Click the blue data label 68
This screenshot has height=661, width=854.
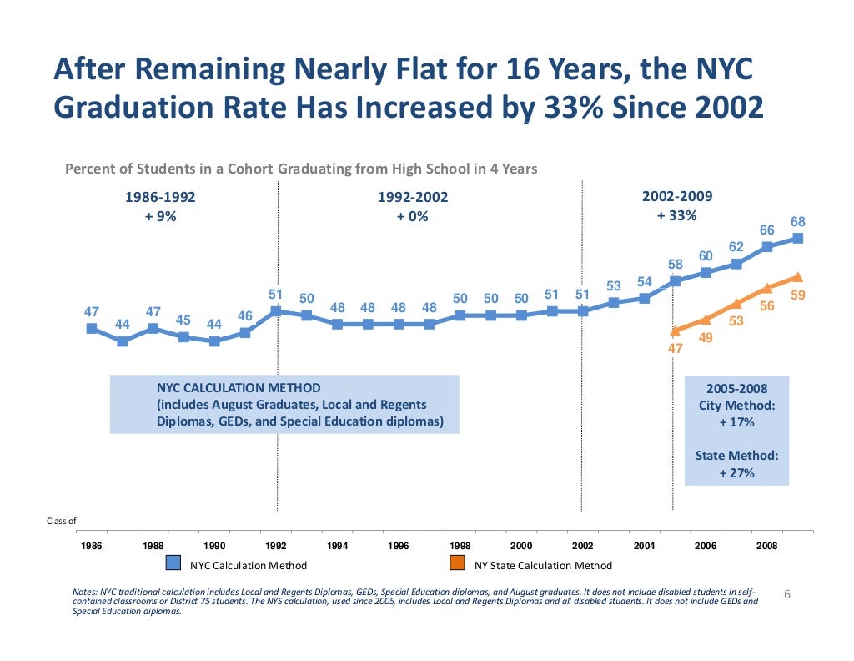click(x=798, y=222)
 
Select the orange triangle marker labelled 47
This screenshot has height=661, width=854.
click(x=675, y=330)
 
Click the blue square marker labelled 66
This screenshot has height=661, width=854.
click(x=767, y=246)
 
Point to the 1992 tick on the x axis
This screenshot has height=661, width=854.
click(x=276, y=531)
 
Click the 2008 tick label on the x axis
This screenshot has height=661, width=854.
click(x=766, y=546)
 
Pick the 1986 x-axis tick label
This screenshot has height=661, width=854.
click(x=92, y=546)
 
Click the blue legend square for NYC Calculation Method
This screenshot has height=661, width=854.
click(x=173, y=564)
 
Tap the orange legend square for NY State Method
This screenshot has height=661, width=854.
click(x=457, y=564)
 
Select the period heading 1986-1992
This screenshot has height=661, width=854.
click(x=160, y=198)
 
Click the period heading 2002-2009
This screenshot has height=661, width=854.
click(x=677, y=197)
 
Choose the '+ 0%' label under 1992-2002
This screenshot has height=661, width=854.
click(x=413, y=216)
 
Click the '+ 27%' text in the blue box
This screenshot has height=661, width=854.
click(x=736, y=473)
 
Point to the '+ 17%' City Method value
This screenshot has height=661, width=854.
click(x=736, y=422)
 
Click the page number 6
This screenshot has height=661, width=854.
click(x=787, y=594)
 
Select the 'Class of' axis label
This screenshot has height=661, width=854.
click(x=61, y=522)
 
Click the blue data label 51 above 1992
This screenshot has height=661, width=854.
click(x=276, y=294)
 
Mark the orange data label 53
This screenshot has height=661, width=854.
click(x=736, y=320)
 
